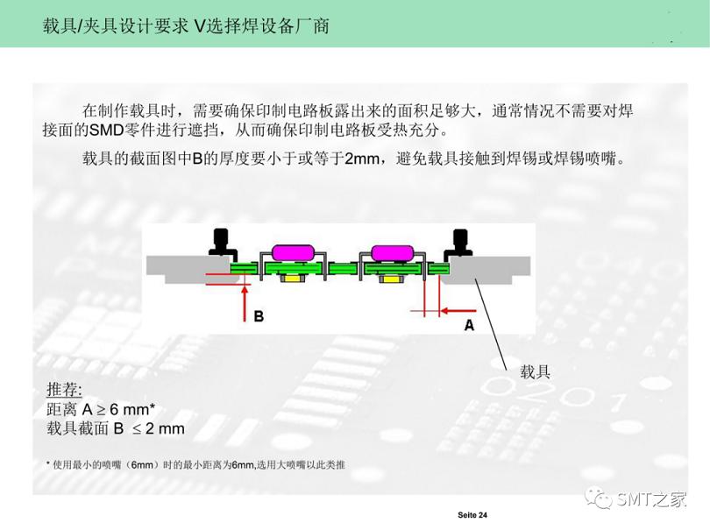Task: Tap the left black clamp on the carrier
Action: pyautogui.click(x=219, y=242)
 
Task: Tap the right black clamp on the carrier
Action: pyautogui.click(x=459, y=242)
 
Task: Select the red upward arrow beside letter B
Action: pyautogui.click(x=243, y=302)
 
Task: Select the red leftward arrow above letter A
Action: pyautogui.click(x=458, y=310)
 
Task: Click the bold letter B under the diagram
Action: pyautogui.click(x=259, y=315)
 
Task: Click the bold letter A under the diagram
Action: pyautogui.click(x=469, y=325)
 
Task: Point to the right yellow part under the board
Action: pyautogui.click(x=389, y=278)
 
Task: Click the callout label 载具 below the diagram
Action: pyautogui.click(x=536, y=371)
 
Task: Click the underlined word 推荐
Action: pyautogui.click(x=64, y=390)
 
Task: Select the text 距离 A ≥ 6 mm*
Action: pyautogui.click(x=101, y=409)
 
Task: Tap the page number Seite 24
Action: pyautogui.click(x=472, y=515)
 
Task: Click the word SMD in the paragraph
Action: pyautogui.click(x=107, y=131)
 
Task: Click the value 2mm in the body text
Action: pyautogui.click(x=362, y=159)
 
